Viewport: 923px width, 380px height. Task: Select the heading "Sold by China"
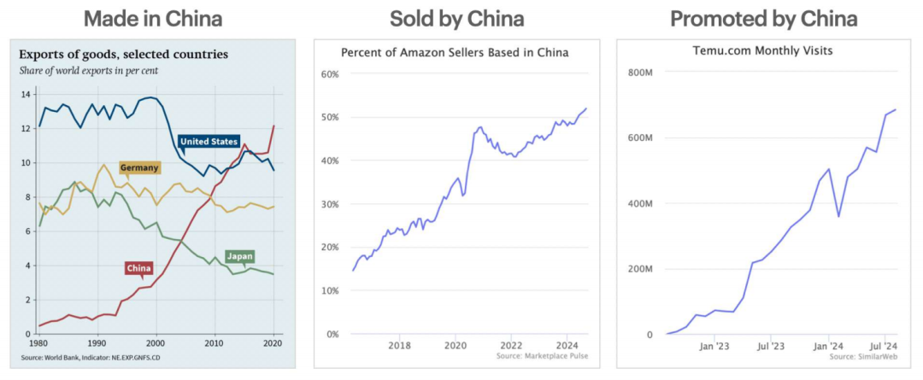tap(456, 18)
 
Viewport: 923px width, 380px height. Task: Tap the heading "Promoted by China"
tap(763, 18)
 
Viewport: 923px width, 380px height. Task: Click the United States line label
tap(209, 142)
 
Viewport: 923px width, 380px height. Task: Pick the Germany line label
tap(138, 168)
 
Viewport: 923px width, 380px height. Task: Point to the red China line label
tap(138, 269)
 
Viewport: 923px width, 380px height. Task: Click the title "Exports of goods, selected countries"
tap(124, 55)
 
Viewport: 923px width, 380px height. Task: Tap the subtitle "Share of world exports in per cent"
tap(90, 70)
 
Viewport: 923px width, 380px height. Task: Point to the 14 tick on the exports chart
tap(25, 94)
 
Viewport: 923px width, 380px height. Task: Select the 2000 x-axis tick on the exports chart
tap(156, 342)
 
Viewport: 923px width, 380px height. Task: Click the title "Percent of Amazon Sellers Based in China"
tap(455, 53)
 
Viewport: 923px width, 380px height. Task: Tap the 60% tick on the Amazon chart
tap(329, 74)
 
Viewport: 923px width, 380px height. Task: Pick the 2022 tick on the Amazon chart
tap(511, 345)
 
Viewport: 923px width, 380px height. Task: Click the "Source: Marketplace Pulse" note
tap(542, 356)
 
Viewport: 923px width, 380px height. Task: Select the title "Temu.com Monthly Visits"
tap(762, 51)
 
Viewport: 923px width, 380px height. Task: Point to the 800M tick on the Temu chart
tap(641, 73)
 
